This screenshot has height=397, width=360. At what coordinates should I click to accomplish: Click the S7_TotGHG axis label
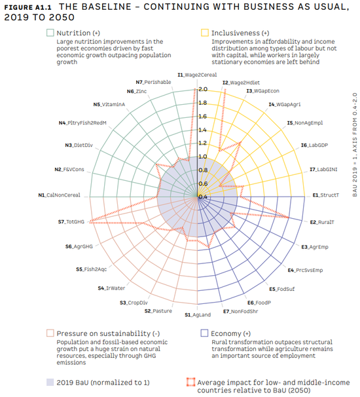[71, 222]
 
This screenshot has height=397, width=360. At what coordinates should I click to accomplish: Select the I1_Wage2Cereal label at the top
[197, 75]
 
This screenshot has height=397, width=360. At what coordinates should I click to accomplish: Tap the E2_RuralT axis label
[322, 222]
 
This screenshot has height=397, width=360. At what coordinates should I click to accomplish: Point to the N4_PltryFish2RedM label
[82, 123]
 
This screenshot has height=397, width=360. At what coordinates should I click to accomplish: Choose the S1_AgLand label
[198, 314]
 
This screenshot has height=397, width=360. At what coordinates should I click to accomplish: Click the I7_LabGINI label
[323, 170]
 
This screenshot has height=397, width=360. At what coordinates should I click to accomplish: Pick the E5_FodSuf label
[282, 289]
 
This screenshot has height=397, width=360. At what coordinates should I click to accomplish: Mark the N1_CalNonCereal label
[59, 195]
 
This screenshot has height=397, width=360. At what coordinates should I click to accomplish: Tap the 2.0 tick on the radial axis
[203, 89]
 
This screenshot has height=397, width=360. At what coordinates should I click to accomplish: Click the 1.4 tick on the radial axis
[203, 130]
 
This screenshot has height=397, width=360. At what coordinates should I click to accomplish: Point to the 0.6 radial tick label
[203, 183]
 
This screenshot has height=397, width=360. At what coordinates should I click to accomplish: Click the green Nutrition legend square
[50, 33]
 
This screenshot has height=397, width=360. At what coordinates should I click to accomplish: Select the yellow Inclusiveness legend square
[205, 33]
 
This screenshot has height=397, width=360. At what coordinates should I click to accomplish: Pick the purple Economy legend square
[204, 333]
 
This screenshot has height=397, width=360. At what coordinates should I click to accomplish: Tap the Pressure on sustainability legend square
[50, 333]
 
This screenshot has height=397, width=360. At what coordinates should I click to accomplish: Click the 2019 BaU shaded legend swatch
[50, 382]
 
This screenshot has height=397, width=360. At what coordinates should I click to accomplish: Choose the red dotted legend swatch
[190, 382]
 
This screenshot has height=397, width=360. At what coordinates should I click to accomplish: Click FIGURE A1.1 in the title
[28, 7]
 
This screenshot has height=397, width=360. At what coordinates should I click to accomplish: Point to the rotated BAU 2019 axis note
[355, 145]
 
